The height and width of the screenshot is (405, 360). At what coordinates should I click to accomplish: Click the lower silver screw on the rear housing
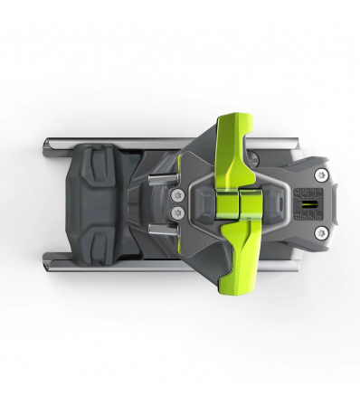320,233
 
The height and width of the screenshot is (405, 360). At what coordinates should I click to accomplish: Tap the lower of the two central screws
177,212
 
